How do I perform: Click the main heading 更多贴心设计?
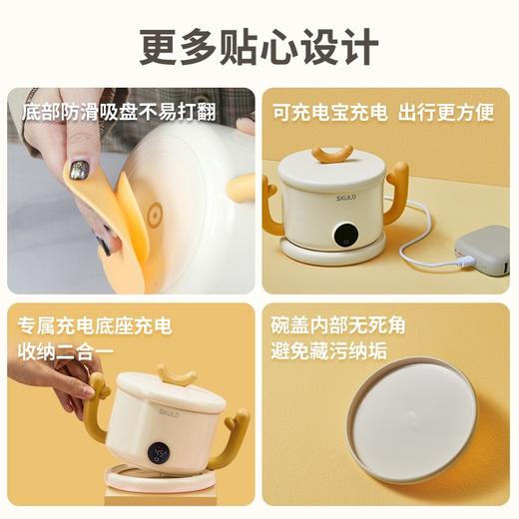point(259,44)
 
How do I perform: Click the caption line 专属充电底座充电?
point(94,326)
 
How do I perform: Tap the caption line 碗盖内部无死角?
point(338,326)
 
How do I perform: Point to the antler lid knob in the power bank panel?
point(331,153)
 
